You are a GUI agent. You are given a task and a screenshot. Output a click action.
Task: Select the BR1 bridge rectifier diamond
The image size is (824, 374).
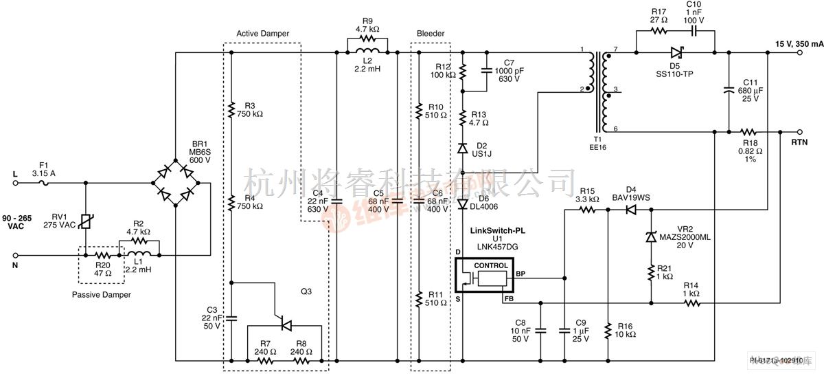point(176,183)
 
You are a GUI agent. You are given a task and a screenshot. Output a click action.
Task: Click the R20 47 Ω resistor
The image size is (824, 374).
point(101,254)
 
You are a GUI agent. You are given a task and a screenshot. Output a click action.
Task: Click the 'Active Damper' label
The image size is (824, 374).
point(262,33)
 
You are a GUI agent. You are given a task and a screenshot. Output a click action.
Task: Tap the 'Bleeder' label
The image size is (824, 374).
point(431,33)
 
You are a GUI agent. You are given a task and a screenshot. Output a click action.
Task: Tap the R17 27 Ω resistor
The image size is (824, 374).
point(659,31)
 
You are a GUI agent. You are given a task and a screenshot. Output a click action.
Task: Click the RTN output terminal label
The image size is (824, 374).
point(799,143)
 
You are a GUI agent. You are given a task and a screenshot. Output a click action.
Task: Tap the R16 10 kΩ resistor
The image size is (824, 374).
point(608,331)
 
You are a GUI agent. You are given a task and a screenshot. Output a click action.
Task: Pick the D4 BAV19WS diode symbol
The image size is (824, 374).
point(631,210)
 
